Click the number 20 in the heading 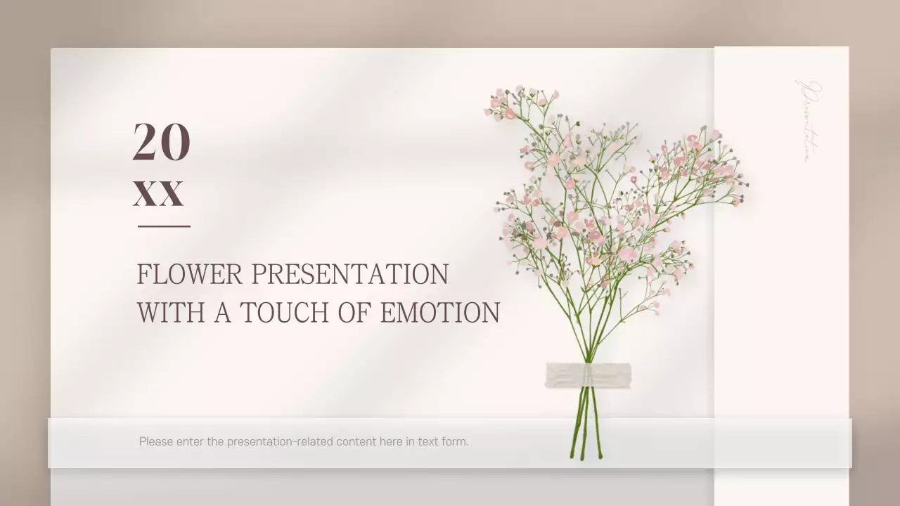click(x=161, y=142)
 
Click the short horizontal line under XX click(x=164, y=226)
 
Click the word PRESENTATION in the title click(x=349, y=274)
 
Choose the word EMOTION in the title click(x=440, y=313)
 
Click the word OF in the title click(x=354, y=313)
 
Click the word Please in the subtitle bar click(x=155, y=442)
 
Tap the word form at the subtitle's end click(x=455, y=442)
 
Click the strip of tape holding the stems click(x=588, y=375)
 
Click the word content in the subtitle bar click(x=356, y=442)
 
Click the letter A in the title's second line click(x=222, y=313)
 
